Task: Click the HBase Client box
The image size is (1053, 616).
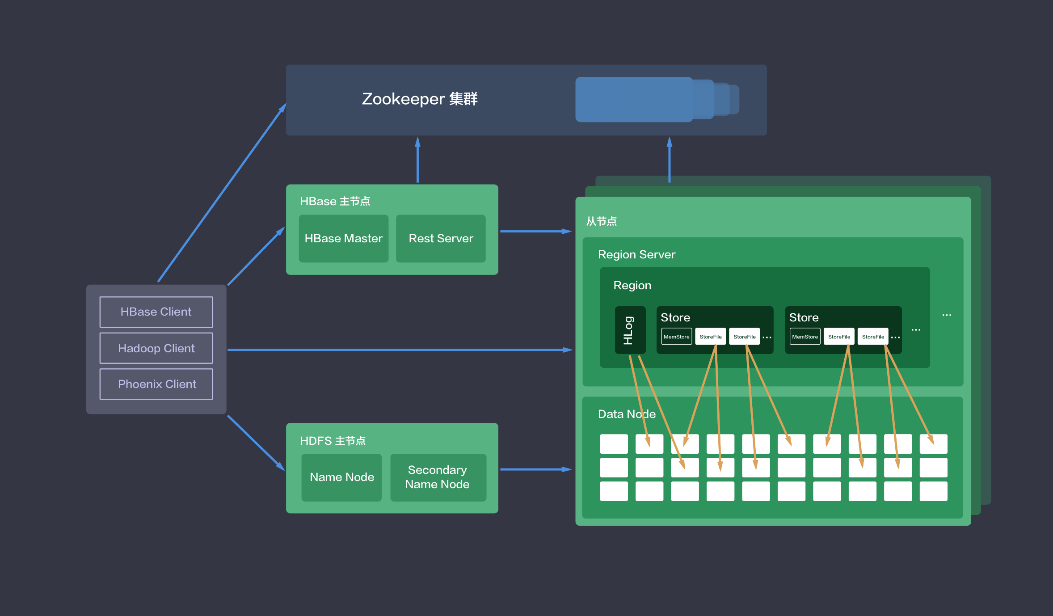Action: [x=156, y=312]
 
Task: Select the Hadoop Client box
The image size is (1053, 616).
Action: [x=156, y=348]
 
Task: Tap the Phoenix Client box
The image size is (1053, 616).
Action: [x=156, y=384]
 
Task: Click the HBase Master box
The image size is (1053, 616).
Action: [x=343, y=239]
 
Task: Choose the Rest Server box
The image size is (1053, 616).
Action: [x=441, y=239]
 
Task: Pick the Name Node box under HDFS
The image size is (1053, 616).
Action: [x=341, y=477]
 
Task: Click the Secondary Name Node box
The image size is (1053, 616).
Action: [x=438, y=477]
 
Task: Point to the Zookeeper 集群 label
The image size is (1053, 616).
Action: [x=420, y=99]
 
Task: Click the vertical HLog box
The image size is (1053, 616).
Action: [x=630, y=330]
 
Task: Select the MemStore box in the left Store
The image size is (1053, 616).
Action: [x=676, y=337]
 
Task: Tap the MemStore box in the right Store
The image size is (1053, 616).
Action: [x=804, y=337]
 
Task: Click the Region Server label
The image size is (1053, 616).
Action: [x=636, y=254]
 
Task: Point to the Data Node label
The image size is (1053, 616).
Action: [x=627, y=414]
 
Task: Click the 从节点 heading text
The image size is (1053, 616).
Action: [x=601, y=221]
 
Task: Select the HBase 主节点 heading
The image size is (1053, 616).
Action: [x=335, y=201]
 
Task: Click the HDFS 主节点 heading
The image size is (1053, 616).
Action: [x=333, y=441]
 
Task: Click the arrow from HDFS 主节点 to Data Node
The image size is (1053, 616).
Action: [x=535, y=469]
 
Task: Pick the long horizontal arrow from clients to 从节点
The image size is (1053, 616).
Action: [x=400, y=350]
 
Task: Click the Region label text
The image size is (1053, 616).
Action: [x=632, y=285]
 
